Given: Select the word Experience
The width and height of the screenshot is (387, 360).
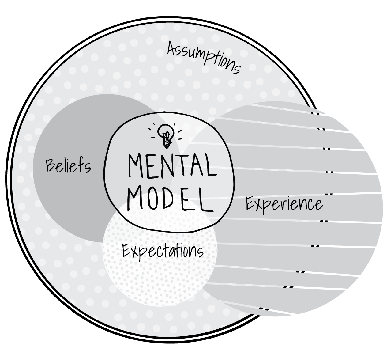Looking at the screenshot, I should pyautogui.click(x=284, y=204).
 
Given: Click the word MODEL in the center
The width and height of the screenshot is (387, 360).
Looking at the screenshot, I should pyautogui.click(x=170, y=199).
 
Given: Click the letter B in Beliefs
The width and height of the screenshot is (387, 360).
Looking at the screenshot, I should pyautogui.click(x=51, y=165).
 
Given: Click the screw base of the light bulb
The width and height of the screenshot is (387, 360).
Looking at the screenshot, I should pyautogui.click(x=166, y=143).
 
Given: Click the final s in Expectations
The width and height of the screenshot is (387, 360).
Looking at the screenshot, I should pyautogui.click(x=200, y=252).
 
